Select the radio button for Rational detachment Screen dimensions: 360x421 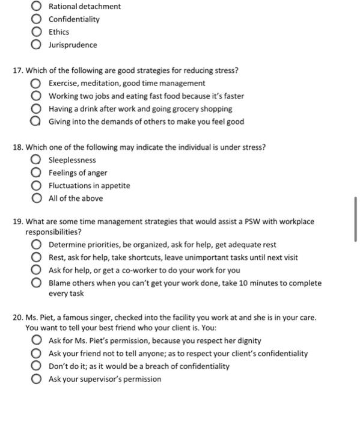point(37,7)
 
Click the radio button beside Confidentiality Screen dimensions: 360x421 point(37,19)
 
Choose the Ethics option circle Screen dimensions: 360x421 point(37,32)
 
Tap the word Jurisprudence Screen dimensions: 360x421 point(72,45)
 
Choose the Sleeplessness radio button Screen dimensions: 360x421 point(37,161)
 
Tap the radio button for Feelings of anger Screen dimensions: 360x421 point(37,173)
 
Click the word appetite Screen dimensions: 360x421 point(115,186)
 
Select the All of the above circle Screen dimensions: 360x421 point(37,198)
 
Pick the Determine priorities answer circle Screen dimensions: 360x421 point(37,245)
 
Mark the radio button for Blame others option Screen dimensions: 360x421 point(37,283)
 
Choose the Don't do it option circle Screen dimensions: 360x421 point(37,366)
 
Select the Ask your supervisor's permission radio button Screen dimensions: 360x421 point(37,379)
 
